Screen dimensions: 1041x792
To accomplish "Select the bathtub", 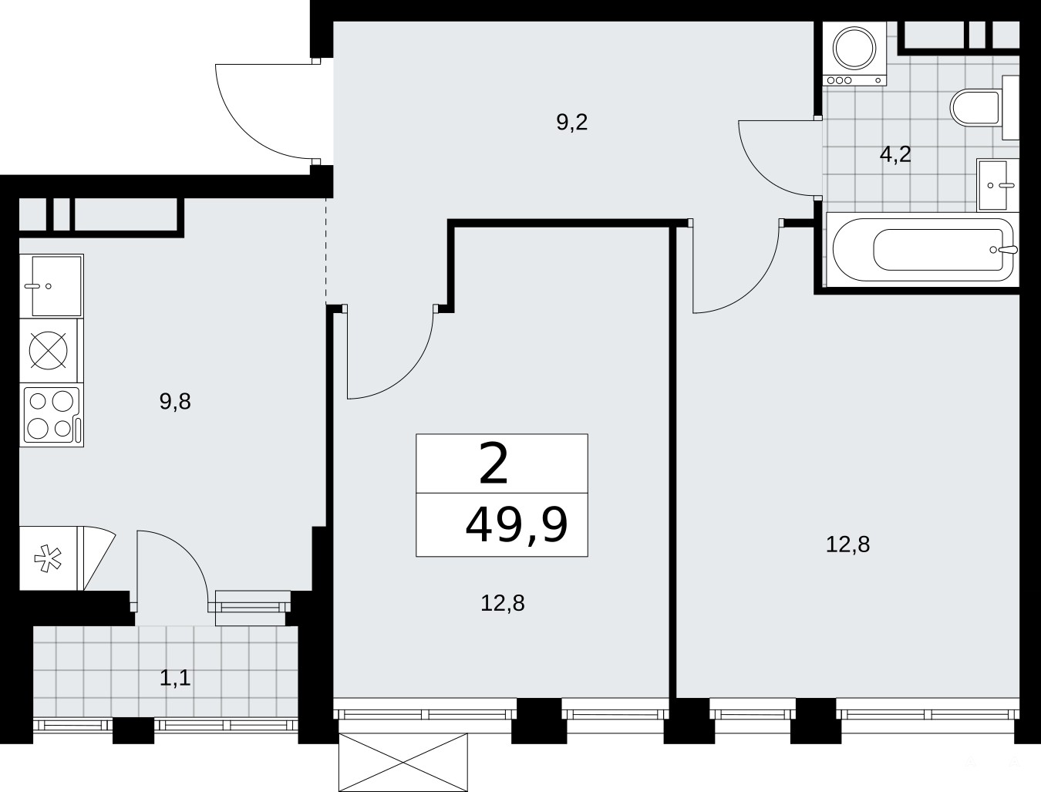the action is click(x=922, y=249).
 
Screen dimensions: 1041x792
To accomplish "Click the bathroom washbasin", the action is click(x=997, y=185).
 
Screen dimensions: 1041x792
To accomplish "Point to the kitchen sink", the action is click(x=52, y=286).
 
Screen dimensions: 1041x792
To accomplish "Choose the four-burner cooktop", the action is click(x=52, y=415).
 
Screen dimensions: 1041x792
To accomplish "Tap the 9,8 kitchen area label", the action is click(x=175, y=402).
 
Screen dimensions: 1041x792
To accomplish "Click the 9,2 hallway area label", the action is click(x=572, y=123).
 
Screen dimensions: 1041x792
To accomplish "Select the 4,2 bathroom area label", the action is click(x=895, y=154).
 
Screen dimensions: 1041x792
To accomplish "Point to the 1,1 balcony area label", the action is click(x=175, y=678).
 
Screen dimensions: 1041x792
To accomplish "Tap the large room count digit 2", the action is click(x=494, y=463).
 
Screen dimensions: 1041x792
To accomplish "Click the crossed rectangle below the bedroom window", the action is click(x=403, y=763).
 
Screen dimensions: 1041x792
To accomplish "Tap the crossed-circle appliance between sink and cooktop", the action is click(x=49, y=350).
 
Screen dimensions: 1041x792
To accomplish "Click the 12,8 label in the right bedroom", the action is click(x=848, y=544).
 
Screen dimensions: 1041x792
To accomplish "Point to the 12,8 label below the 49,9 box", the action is click(x=503, y=604).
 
